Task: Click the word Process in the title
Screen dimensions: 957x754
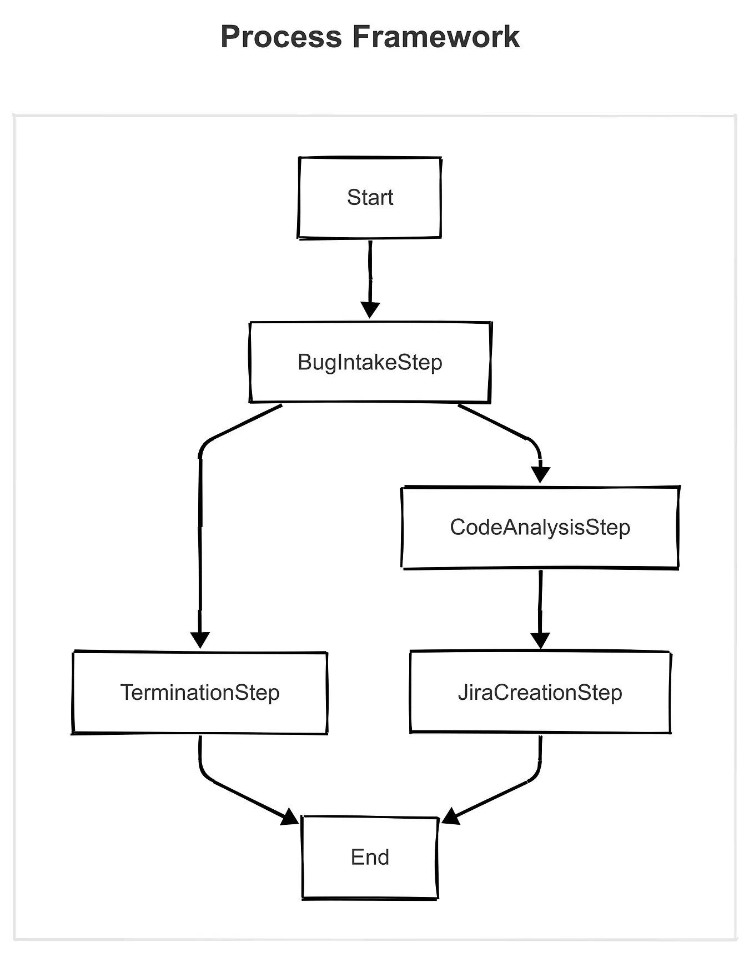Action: click(281, 38)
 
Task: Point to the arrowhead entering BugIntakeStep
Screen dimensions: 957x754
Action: click(370, 310)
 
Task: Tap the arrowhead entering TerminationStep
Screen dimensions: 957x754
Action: click(200, 640)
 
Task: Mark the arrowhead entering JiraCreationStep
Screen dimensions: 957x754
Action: click(540, 640)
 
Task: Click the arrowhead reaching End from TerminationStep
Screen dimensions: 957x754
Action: click(290, 817)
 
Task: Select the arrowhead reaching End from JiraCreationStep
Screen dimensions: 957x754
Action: click(450, 816)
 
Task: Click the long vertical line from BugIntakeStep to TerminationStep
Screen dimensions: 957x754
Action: click(200, 544)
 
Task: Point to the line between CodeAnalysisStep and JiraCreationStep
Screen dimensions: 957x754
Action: click(540, 600)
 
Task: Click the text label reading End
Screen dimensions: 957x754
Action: click(370, 857)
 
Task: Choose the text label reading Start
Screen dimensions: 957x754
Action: click(370, 197)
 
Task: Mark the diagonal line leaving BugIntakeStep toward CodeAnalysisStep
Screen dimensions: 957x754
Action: click(491, 422)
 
